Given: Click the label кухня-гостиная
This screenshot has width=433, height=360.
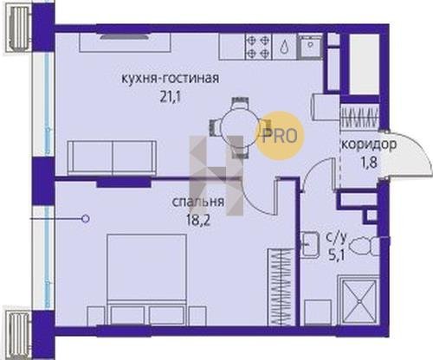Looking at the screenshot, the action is coord(170,79).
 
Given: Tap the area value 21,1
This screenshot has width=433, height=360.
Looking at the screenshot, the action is coord(171,98).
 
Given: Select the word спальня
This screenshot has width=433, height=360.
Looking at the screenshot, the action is coord(198,202).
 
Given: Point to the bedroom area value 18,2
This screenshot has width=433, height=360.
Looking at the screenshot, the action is coord(198,221).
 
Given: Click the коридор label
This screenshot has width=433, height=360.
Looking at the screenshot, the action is coord(369,145).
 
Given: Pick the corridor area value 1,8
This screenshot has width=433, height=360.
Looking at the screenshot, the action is coord(369,163).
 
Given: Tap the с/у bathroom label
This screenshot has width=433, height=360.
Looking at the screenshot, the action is coord(336,238).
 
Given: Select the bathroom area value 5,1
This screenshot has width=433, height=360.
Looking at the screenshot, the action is coord(336,255).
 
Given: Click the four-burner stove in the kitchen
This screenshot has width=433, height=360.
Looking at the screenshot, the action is coord(258,47).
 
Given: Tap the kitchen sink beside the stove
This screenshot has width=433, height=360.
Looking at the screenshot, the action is coord(310,47).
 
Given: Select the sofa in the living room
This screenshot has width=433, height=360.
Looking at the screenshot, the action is coord(112,157).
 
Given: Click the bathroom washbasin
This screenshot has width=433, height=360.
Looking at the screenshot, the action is coord(309,245).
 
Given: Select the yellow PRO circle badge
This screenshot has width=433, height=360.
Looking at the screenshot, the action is coord(279,136).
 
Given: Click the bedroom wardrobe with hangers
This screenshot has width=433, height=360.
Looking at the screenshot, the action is coord(281,287).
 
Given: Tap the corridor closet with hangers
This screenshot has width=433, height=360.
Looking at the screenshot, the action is coord(360,117).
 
